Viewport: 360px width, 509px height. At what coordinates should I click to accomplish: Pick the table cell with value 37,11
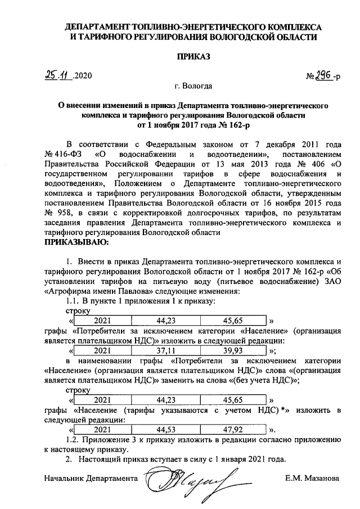point(166,349)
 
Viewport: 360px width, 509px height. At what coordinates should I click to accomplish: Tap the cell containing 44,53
point(166,429)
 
